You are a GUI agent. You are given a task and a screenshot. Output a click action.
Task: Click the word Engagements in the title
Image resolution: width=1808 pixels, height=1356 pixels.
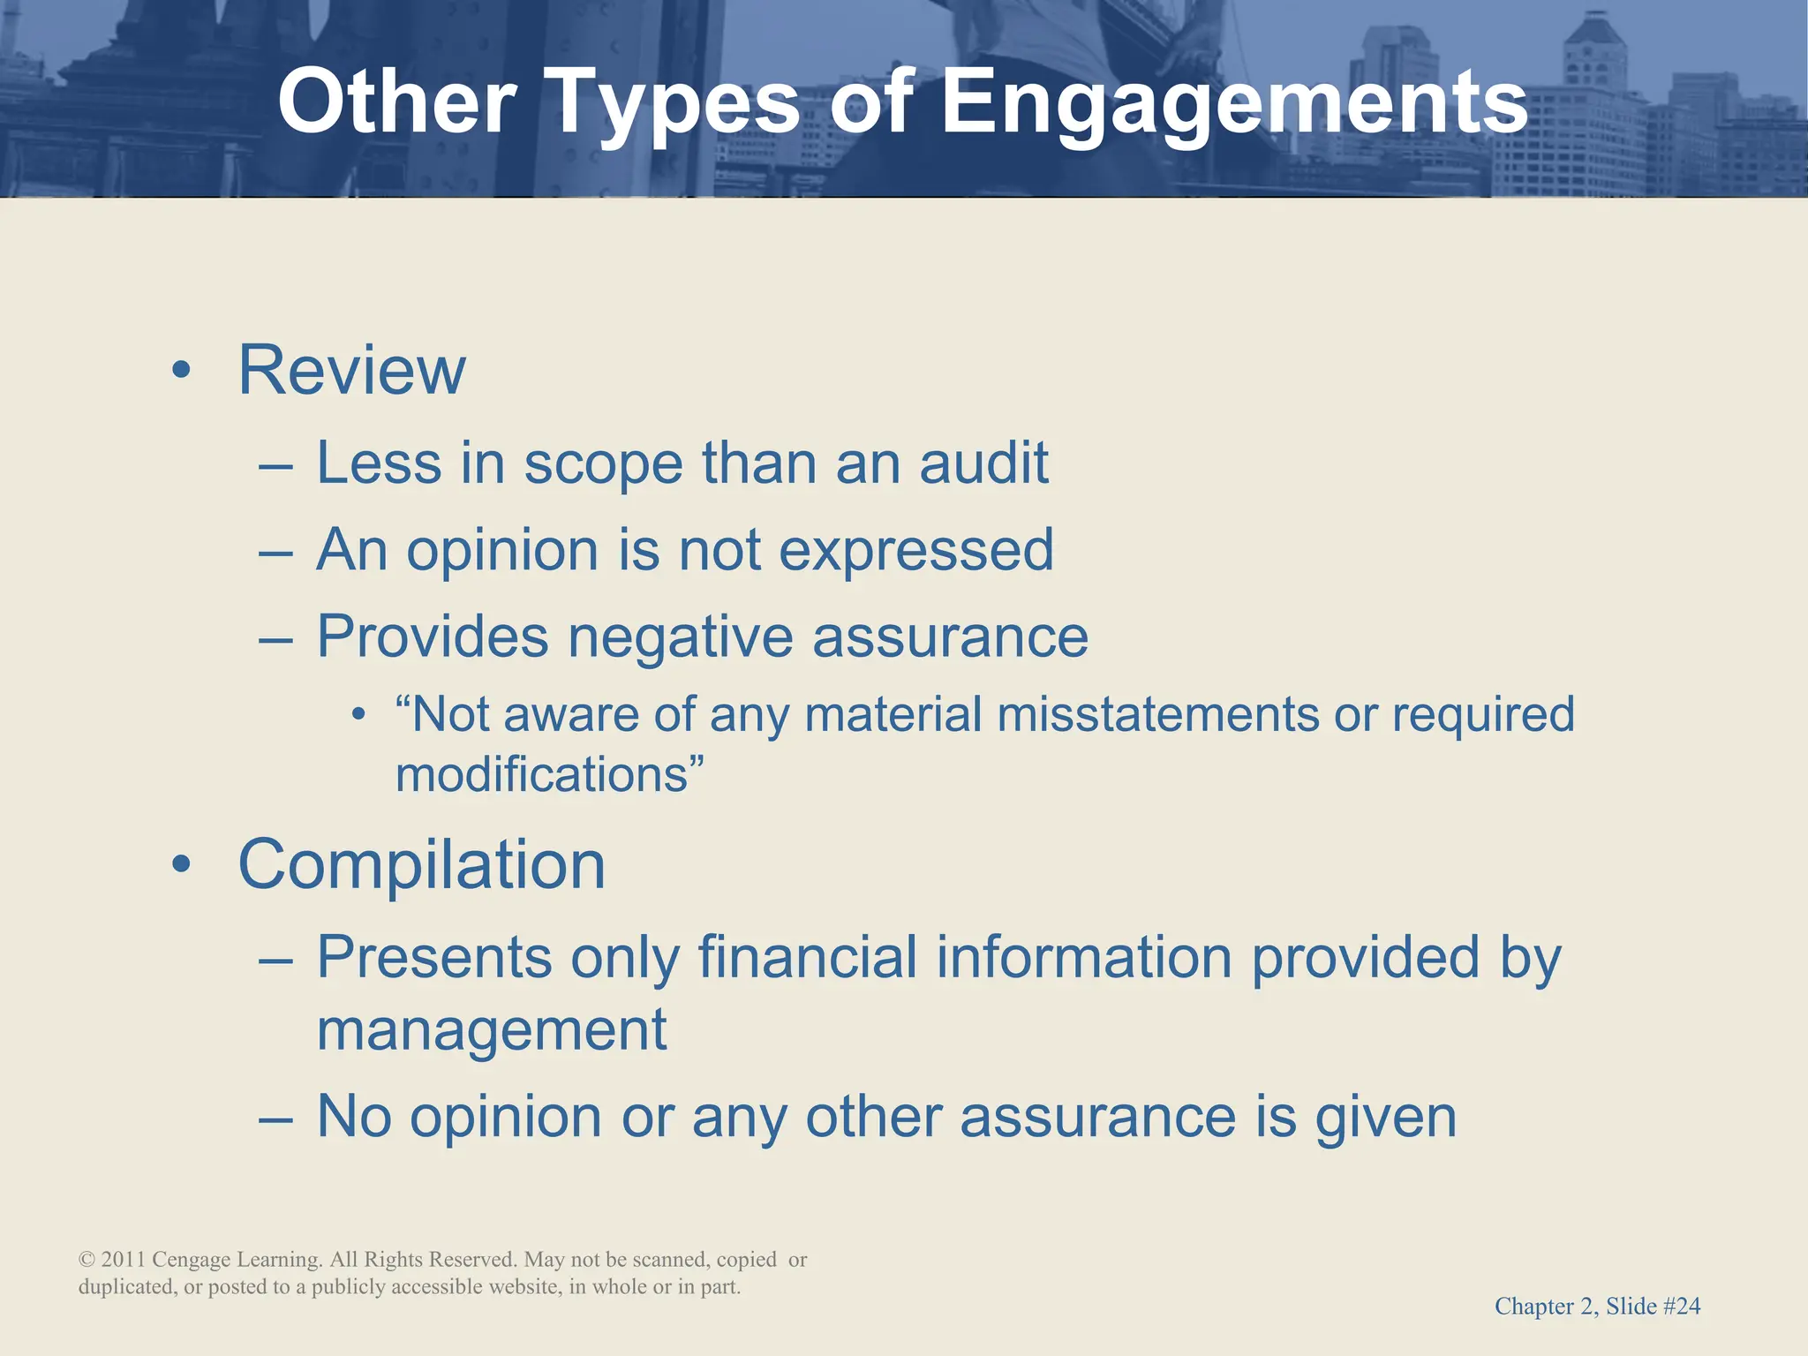coord(1234,104)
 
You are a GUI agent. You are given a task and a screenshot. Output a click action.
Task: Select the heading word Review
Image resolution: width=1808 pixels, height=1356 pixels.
coord(351,371)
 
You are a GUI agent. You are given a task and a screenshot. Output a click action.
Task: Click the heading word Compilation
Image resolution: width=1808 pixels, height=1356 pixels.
coord(422,865)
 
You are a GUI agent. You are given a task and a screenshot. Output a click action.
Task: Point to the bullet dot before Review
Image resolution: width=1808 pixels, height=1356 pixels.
coord(182,372)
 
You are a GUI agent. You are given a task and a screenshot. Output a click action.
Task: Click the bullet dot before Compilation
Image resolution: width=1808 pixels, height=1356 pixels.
coord(182,866)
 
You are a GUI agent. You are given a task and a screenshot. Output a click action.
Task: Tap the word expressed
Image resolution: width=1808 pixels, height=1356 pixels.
coord(916,551)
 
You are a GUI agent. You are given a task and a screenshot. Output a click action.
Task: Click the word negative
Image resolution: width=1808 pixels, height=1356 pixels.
coord(680,637)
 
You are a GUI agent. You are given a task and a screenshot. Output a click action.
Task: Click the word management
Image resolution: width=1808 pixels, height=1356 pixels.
coord(492,1030)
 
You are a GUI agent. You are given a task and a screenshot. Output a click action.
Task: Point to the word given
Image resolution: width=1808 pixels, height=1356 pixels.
coord(1385,1118)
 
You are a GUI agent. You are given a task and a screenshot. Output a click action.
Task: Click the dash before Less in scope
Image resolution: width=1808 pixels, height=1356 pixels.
coord(275,465)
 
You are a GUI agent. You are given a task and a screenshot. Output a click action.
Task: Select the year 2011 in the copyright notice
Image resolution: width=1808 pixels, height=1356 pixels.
coord(124,1260)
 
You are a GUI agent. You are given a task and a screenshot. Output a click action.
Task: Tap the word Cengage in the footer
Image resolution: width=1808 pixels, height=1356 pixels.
coord(191,1260)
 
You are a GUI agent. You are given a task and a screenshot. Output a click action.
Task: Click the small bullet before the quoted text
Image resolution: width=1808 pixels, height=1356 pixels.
coord(358,715)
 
